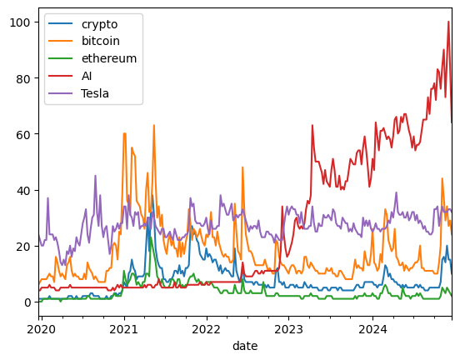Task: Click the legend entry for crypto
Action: click(x=99, y=24)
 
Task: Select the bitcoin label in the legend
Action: click(x=101, y=41)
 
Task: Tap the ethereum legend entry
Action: click(x=109, y=58)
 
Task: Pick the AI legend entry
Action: click(x=87, y=76)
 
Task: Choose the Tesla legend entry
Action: click(x=95, y=93)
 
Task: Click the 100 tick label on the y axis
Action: click(x=20, y=22)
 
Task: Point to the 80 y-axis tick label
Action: click(x=24, y=78)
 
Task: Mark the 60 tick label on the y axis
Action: click(x=24, y=135)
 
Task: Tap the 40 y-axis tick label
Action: click(x=24, y=191)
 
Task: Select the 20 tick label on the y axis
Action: click(x=24, y=247)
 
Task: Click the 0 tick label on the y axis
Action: click(x=27, y=302)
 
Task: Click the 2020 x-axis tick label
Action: click(x=41, y=329)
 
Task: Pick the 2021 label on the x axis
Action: click(x=124, y=329)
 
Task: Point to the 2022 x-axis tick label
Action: click(x=206, y=329)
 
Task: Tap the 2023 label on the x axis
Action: click(x=288, y=329)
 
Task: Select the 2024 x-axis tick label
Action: click(x=372, y=329)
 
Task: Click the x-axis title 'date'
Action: click(x=245, y=346)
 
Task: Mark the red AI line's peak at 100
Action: click(x=448, y=22)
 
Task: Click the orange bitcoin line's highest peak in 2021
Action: click(x=153, y=125)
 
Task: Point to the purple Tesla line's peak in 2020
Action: click(x=95, y=176)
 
